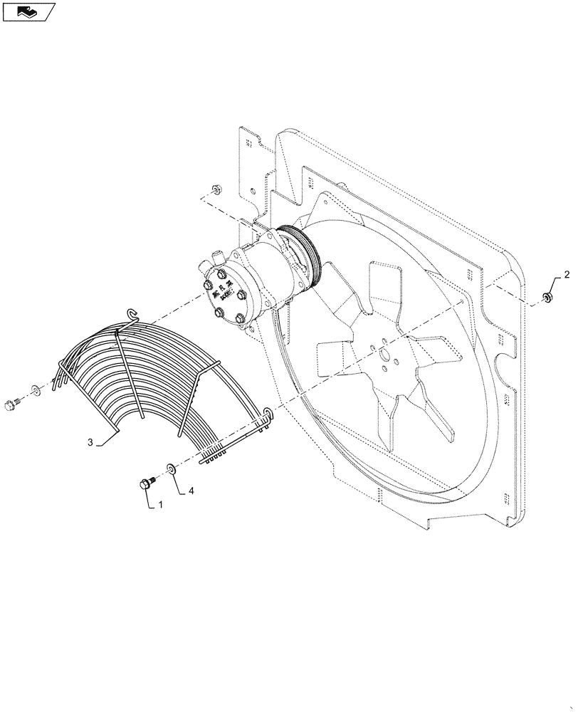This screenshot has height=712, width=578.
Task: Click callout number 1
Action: pos(160,504)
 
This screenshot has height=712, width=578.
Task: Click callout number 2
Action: pos(567,274)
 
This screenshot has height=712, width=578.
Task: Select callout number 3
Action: pos(90,442)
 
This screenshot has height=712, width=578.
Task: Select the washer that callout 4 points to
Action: pos(172,468)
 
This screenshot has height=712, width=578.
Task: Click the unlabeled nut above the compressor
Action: pos(216,190)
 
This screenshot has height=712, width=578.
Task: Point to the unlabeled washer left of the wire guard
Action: pos(35,390)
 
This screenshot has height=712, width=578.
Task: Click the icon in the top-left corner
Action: pos(28,11)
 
